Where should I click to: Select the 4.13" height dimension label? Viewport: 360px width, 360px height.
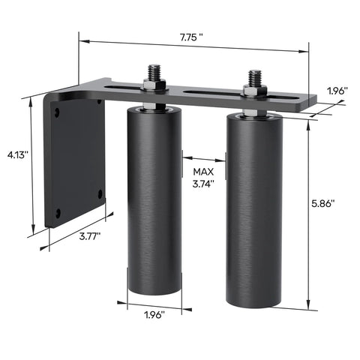click(x=16, y=154)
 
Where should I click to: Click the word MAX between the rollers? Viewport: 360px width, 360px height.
click(x=202, y=171)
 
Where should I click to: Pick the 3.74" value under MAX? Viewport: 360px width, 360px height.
click(x=202, y=183)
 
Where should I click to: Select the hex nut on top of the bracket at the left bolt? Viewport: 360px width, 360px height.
click(x=154, y=88)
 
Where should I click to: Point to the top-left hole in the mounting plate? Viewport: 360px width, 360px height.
click(x=55, y=112)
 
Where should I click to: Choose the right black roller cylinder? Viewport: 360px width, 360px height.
click(x=253, y=210)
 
